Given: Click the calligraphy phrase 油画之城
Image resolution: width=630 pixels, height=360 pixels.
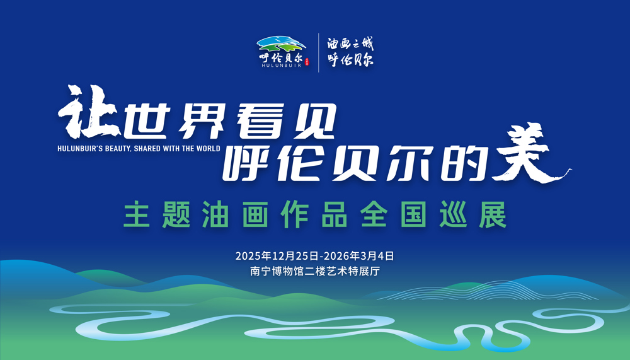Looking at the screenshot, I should [350, 44].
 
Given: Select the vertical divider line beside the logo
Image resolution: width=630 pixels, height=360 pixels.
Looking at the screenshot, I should [319, 52].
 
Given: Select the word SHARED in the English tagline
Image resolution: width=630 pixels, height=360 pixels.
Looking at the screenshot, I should [149, 149].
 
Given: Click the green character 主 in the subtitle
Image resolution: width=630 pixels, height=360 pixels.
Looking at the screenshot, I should [136, 216].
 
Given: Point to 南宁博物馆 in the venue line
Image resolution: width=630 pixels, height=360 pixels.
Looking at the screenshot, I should [275, 272].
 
